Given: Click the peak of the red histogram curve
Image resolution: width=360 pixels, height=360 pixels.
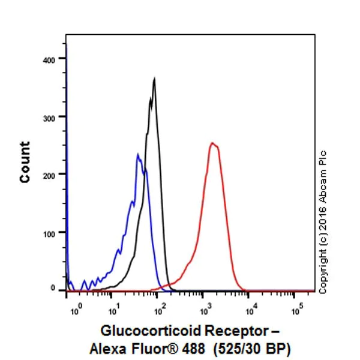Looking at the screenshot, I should click(212, 143).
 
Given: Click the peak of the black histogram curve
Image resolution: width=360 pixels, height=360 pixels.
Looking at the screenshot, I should click(155, 78).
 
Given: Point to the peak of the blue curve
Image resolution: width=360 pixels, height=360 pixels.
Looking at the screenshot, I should click(138, 154).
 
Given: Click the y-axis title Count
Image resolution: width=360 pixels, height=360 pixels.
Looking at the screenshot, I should click(25, 162).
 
